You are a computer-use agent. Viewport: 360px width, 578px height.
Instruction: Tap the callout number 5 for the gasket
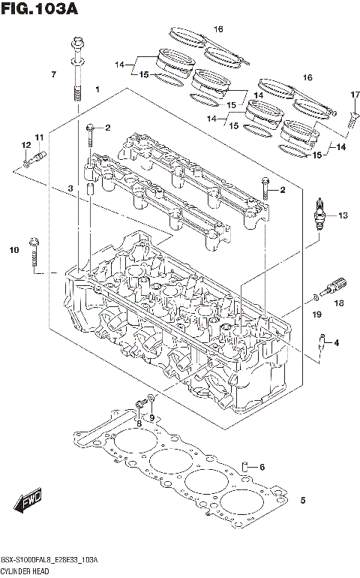coord(303,500)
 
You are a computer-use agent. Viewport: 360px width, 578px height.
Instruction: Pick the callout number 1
coord(97,90)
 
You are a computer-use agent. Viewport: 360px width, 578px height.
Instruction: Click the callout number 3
coord(70,188)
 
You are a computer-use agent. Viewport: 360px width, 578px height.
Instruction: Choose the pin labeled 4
coord(322,342)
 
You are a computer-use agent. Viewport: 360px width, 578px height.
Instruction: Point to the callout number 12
coord(25,145)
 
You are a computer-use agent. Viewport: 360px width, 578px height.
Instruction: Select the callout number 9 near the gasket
coord(151,417)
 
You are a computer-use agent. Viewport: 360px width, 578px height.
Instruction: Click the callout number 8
coord(139,424)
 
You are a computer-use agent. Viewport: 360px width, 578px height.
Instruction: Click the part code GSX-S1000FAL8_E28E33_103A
coord(49,561)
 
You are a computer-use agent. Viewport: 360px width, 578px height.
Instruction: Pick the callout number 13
coord(343,215)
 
